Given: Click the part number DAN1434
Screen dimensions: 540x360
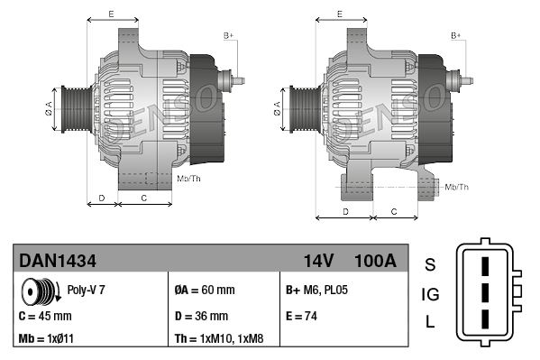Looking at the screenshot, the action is [x=58, y=261].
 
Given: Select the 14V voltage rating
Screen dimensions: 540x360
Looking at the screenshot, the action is [x=318, y=261].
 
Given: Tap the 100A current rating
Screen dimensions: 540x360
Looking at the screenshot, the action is [x=375, y=261].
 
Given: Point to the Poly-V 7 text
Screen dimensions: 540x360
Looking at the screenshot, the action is [x=87, y=290].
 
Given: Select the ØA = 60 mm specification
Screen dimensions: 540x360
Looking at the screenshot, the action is [x=205, y=290].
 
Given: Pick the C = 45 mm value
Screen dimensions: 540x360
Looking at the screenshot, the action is [x=45, y=316].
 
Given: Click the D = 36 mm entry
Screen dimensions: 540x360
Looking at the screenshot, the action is [x=201, y=316].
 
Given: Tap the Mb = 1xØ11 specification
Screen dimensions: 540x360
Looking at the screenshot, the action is [x=46, y=338].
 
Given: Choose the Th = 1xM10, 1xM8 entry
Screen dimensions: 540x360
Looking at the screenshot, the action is [x=219, y=338].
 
